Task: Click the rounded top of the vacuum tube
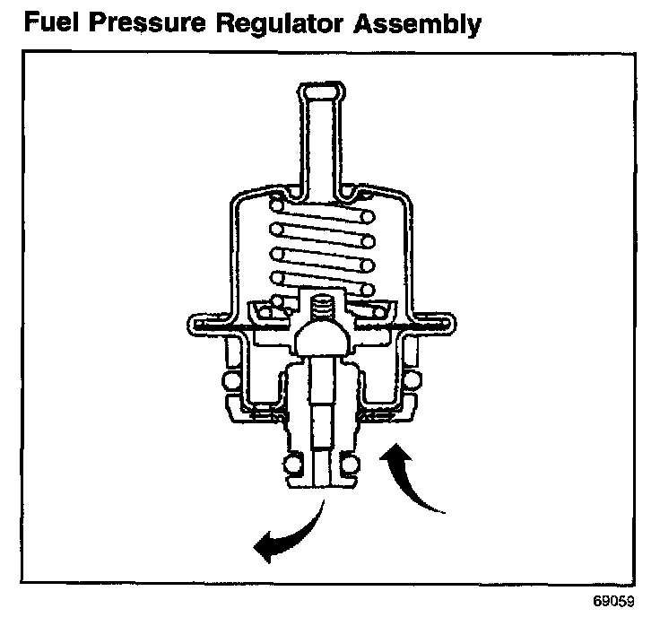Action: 318,91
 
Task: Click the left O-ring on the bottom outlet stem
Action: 291,464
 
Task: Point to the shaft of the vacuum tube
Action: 318,143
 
